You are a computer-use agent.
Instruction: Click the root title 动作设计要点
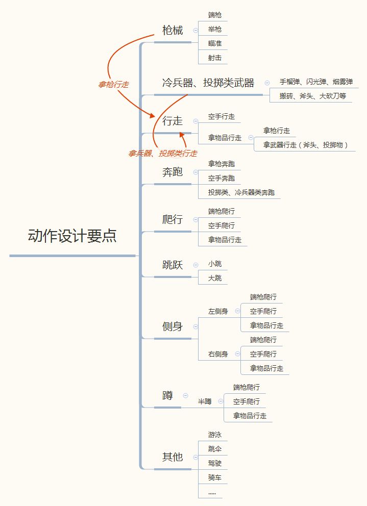point(72,236)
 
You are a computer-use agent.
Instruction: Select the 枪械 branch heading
point(173,30)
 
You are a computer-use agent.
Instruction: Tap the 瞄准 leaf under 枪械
point(214,43)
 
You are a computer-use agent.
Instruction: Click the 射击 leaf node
point(214,58)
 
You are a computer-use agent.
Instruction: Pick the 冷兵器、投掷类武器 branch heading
point(208,83)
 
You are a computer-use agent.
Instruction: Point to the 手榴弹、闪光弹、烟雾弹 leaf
point(315,82)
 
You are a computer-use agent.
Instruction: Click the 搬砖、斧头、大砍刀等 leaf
point(312,95)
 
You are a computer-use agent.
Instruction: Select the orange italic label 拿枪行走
point(113,85)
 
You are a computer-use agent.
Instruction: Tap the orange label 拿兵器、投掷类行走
point(162,153)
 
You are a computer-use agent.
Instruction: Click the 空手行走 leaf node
point(221,117)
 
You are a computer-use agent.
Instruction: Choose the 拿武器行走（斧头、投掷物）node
point(305,145)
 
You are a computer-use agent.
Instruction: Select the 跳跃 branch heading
point(173,265)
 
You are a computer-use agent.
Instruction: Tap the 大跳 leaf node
point(214,278)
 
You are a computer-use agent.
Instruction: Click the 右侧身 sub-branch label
point(218,353)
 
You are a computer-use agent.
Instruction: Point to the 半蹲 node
point(205,401)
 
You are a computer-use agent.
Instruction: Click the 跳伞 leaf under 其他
point(214,449)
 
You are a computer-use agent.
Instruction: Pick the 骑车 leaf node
point(214,477)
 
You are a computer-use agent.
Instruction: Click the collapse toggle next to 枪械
point(195,31)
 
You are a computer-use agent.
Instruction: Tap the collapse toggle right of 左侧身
point(237,311)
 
